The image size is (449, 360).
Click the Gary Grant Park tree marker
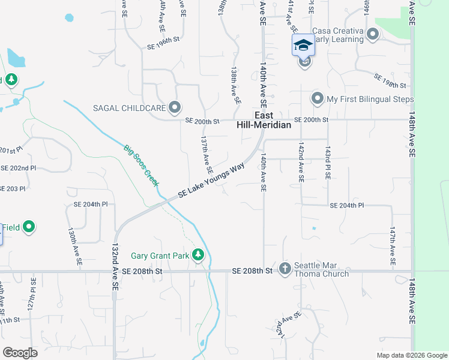(199, 256)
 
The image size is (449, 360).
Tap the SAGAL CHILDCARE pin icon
(175, 107)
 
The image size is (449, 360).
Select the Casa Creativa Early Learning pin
(373, 34)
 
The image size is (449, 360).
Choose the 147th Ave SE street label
(393, 246)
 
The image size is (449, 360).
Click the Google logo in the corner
(20, 353)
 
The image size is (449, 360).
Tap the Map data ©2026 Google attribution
(411, 355)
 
